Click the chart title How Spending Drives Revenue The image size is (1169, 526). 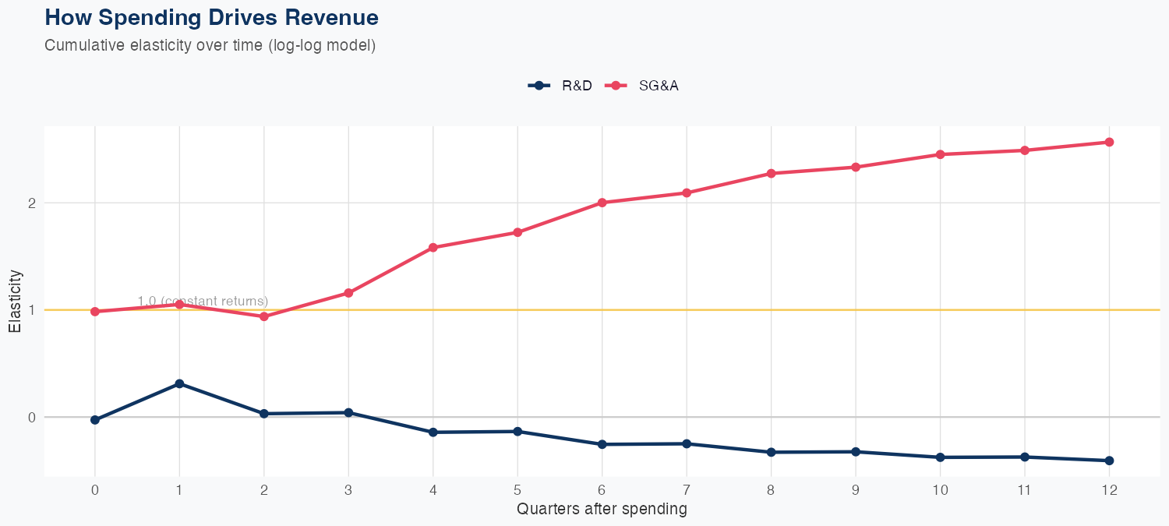[212, 17]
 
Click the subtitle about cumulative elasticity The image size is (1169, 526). [210, 45]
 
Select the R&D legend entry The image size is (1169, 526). [561, 86]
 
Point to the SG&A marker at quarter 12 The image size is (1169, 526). [1109, 142]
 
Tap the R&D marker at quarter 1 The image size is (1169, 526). [179, 383]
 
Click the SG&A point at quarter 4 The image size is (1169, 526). [433, 248]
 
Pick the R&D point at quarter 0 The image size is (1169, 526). [95, 420]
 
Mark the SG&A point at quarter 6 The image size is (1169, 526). [602, 203]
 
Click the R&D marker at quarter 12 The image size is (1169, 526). [1109, 461]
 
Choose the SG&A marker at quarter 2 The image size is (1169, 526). [264, 316]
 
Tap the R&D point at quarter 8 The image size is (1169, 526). [771, 452]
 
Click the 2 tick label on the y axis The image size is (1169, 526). [33, 203]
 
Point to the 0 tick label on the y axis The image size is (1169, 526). [33, 418]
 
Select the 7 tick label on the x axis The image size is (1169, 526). [687, 490]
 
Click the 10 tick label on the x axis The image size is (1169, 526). [940, 490]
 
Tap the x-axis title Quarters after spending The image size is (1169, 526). [602, 510]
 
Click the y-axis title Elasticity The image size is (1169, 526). [15, 301]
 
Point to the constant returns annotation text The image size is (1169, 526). [203, 301]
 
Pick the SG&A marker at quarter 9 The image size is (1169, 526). [856, 167]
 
